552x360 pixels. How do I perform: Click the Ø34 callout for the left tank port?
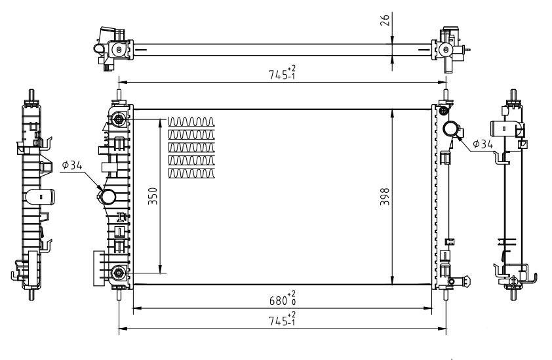pyautogui.click(x=72, y=166)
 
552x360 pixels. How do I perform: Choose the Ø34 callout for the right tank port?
pyautogui.click(x=484, y=144)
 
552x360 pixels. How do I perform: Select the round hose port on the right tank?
pyautogui.click(x=451, y=129)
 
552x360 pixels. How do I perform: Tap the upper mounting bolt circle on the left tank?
pyautogui.click(x=119, y=119)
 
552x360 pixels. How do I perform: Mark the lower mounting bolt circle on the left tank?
pyautogui.click(x=119, y=272)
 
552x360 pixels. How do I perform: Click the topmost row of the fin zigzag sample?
pyautogui.click(x=191, y=121)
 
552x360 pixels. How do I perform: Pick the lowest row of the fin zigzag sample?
pyautogui.click(x=191, y=174)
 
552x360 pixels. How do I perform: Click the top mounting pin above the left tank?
pyautogui.click(x=119, y=96)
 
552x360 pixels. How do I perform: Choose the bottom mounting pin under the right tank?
pyautogui.click(x=446, y=293)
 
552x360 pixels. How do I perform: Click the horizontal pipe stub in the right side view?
pyautogui.click(x=508, y=128)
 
